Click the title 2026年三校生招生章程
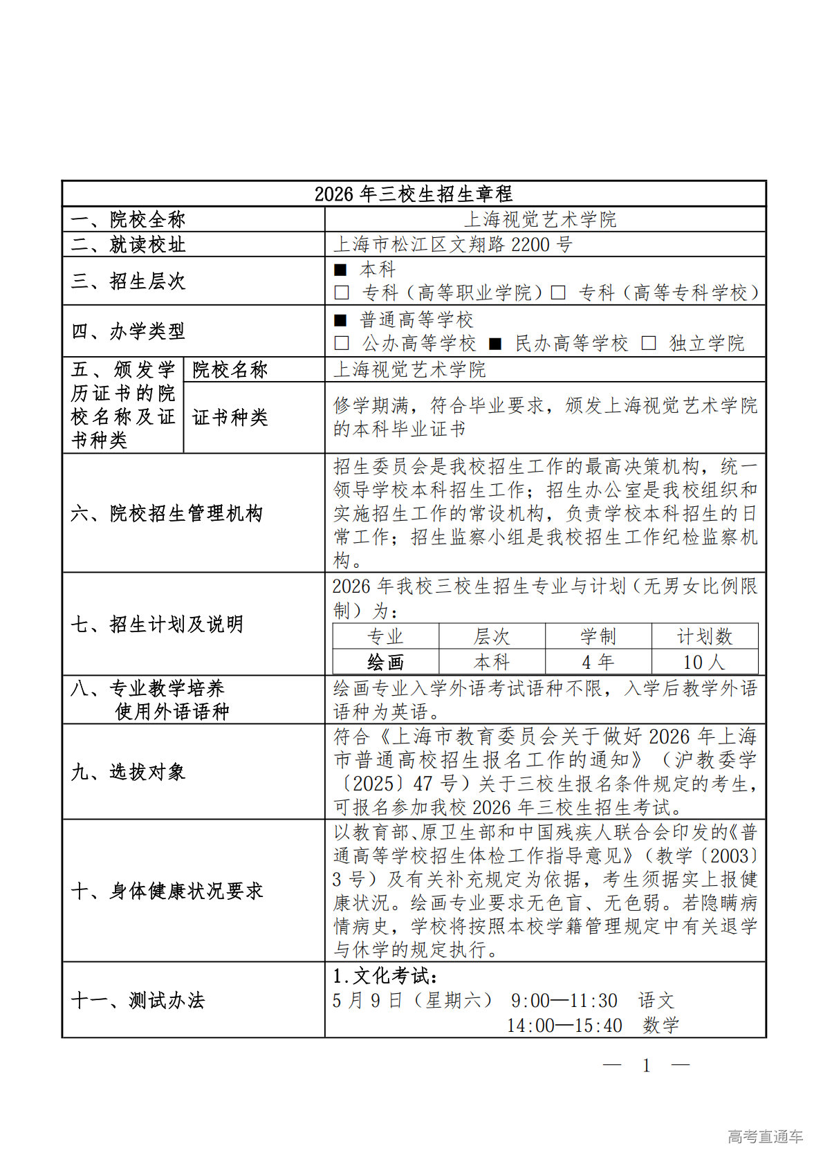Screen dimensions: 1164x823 click(414, 194)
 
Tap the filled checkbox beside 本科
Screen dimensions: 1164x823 click(340, 270)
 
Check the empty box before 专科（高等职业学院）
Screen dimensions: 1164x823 click(341, 293)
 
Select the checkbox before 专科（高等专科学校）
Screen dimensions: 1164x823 click(558, 293)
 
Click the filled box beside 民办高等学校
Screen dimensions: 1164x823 click(495, 344)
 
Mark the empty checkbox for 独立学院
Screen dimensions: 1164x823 click(649, 344)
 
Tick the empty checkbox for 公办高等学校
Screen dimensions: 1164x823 click(341, 344)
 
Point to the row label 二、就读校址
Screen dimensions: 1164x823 click(128, 244)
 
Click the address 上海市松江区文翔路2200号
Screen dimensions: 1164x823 click(453, 244)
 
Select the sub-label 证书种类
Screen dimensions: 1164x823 click(230, 417)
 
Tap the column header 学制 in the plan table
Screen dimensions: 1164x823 click(598, 636)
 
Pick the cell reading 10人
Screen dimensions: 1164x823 click(704, 662)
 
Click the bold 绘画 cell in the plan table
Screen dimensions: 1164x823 click(385, 662)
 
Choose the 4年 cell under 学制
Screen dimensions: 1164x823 click(598, 662)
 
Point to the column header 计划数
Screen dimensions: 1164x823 click(704, 636)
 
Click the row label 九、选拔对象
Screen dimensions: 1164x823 click(128, 772)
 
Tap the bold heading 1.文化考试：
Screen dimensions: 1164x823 click(385, 976)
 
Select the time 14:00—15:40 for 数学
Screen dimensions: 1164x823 click(564, 1026)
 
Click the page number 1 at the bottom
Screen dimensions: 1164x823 click(647, 1066)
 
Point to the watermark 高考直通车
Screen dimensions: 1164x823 click(765, 1136)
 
